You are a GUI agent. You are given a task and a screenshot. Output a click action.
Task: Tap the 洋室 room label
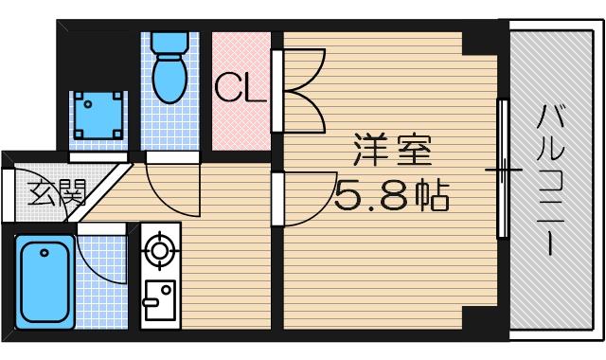[393, 152]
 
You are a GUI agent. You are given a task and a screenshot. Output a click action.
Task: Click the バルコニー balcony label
[550, 180]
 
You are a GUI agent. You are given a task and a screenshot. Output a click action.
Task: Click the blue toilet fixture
[170, 70]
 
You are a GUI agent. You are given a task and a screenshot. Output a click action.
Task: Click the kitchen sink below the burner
[158, 301]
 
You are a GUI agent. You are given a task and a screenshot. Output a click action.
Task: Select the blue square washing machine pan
[98, 116]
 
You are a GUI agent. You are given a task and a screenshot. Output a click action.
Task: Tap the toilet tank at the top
[170, 44]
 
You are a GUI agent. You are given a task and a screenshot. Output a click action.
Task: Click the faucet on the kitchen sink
[151, 303]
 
